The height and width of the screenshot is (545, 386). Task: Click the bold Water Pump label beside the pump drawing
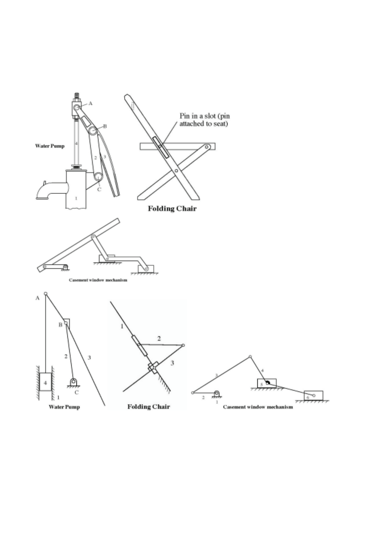tap(50, 146)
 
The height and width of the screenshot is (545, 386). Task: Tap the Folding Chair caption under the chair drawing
tap(172, 209)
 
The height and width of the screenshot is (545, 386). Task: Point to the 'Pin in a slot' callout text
tap(205, 120)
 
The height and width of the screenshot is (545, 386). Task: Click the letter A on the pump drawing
tap(91, 104)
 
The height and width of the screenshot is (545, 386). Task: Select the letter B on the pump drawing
tap(105, 126)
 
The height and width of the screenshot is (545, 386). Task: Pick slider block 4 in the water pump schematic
tap(45, 382)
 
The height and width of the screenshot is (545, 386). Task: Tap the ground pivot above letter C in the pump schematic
tap(74, 382)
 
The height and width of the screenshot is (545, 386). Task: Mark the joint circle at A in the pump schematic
tap(46, 294)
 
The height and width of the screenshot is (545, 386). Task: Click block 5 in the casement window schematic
tap(266, 383)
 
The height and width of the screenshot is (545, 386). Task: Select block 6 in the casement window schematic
tap(313, 396)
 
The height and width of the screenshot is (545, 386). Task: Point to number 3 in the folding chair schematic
tap(172, 363)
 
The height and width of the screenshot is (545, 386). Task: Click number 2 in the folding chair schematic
tap(159, 339)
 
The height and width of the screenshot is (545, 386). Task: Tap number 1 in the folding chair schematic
tap(122, 326)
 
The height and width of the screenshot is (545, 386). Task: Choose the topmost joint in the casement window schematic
tap(250, 357)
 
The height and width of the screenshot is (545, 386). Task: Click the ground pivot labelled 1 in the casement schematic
tap(216, 394)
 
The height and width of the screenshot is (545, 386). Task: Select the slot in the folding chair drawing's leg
tap(161, 148)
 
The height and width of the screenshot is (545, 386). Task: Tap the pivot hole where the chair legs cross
tap(176, 170)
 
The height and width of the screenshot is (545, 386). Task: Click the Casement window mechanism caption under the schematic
tap(258, 407)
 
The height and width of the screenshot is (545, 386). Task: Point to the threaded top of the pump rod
tap(77, 96)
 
